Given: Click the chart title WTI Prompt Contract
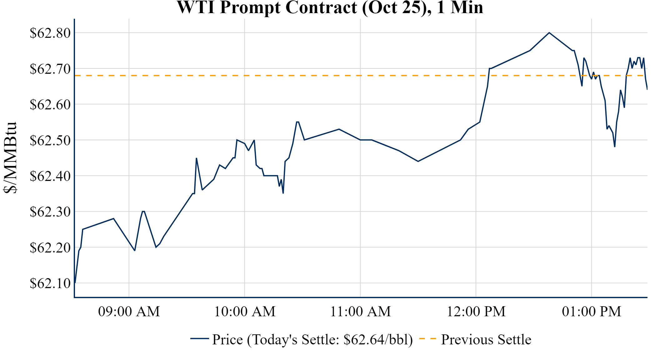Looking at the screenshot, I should (x=330, y=7).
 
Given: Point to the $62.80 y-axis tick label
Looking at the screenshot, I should (x=50, y=33).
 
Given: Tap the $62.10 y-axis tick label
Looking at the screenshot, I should (x=50, y=283).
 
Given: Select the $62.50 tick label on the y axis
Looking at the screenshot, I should (x=50, y=140).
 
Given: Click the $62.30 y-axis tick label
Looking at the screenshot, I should (x=50, y=212).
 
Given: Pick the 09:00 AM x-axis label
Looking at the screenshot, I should (x=129, y=312).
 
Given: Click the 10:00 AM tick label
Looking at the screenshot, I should (x=245, y=312).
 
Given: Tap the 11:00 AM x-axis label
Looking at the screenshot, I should (x=360, y=312).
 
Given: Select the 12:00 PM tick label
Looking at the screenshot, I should (x=476, y=312).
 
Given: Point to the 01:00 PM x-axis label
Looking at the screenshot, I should (x=592, y=312).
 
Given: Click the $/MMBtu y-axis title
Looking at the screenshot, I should (x=10, y=157).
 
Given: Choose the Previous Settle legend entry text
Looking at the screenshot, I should (x=486, y=340).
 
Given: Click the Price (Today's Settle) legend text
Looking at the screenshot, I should (x=312, y=340).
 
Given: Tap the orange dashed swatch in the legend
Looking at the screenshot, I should (x=427, y=339).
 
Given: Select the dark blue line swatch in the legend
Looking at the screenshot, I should (x=199, y=339).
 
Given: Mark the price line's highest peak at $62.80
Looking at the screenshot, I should (x=549, y=32).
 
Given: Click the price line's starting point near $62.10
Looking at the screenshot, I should (x=75, y=282).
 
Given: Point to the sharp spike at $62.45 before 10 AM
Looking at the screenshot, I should (x=196, y=158).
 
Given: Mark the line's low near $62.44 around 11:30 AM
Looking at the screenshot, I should (x=418, y=161).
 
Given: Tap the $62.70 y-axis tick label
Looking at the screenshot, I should (x=50, y=69).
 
